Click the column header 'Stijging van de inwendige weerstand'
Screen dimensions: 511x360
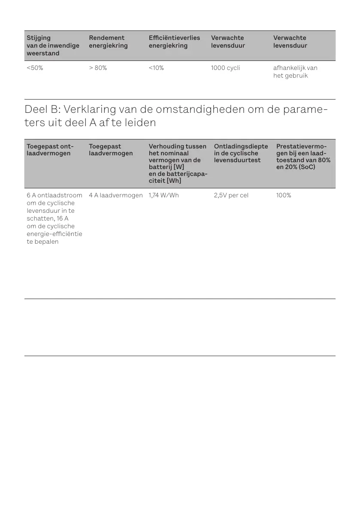[x=53, y=45]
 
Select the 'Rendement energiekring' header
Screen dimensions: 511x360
[x=108, y=42]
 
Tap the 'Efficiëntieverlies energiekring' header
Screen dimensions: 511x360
[x=174, y=42]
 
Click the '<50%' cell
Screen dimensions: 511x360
[x=35, y=68]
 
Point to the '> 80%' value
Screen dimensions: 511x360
[x=98, y=68]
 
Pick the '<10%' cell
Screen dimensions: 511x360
[x=156, y=68]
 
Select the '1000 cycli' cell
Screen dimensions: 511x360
[x=225, y=68]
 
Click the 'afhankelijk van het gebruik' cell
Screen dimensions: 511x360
[x=295, y=72]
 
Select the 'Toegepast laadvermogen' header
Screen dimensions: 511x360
[x=111, y=150]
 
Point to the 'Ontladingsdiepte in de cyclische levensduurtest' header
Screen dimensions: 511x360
[x=241, y=153]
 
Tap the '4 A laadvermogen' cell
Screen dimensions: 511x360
[x=115, y=195]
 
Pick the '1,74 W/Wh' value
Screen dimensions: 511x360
[x=163, y=195]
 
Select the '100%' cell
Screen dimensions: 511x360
[x=284, y=195]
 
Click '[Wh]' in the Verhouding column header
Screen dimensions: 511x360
[x=175, y=181]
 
